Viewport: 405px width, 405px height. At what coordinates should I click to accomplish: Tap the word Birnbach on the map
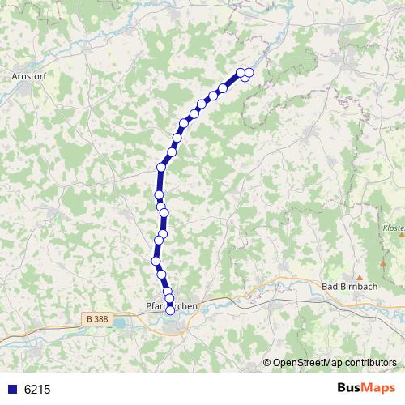coord(358,286)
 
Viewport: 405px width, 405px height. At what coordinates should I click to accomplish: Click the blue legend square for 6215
coord(12,389)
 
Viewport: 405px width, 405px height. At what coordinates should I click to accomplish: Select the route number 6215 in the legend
coord(37,389)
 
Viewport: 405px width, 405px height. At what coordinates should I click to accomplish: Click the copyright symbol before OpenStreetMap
coord(267,363)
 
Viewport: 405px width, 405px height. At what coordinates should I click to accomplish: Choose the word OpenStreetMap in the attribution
coord(307,363)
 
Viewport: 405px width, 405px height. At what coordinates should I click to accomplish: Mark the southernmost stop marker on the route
coord(169,310)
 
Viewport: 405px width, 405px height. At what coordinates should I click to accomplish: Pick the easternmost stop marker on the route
coord(249,74)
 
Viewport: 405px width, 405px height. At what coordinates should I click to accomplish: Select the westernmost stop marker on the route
coord(156,260)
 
